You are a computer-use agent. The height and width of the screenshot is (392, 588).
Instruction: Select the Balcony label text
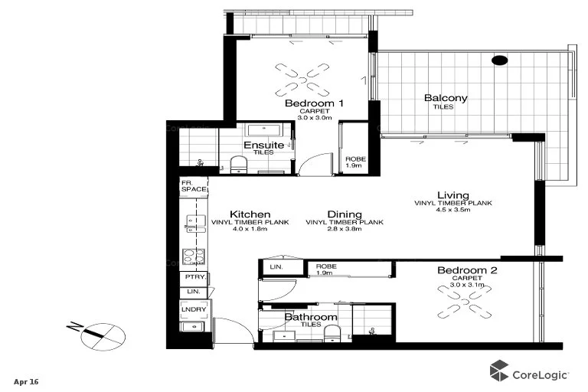(446, 98)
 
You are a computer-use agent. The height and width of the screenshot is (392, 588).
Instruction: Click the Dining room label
(344, 215)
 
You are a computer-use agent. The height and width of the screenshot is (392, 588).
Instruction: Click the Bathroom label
(311, 317)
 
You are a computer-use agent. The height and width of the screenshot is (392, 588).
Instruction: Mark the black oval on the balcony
(499, 60)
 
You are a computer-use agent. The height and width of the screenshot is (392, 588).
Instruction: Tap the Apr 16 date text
(25, 381)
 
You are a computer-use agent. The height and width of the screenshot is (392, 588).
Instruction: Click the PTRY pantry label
(191, 277)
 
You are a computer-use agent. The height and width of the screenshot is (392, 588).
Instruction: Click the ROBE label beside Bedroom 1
(354, 162)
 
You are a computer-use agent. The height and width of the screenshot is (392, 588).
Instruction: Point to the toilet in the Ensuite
(238, 165)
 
